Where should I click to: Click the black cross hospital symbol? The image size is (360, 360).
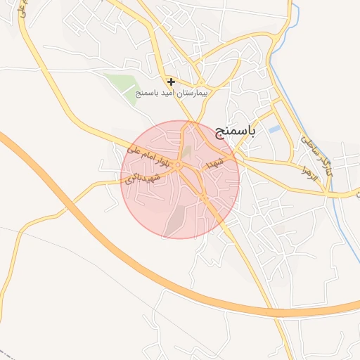coord(171,82)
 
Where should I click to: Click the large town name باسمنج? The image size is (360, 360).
coord(255,131)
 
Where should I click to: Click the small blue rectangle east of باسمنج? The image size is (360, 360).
coord(274,129)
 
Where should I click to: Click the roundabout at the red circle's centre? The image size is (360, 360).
coord(180,165)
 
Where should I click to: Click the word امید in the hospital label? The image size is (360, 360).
coord(169,93)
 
